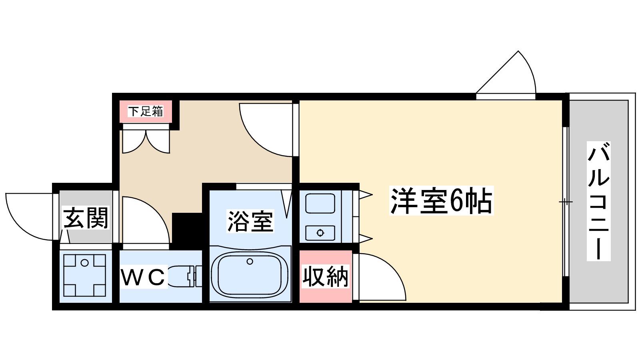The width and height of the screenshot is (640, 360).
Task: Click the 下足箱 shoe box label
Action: (x=146, y=111)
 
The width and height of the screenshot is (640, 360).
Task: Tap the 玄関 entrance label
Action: (x=86, y=218)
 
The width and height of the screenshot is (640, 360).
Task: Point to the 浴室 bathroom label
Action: (x=250, y=221)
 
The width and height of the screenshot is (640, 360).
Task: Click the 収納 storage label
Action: (x=326, y=276)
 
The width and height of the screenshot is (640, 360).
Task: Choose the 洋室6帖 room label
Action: (x=442, y=200)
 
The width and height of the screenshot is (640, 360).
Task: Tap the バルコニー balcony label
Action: (x=598, y=201)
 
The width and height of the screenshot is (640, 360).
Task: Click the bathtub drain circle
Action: (x=250, y=261)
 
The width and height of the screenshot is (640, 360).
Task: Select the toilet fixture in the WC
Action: (x=184, y=276)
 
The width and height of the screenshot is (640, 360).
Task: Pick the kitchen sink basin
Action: (x=320, y=203)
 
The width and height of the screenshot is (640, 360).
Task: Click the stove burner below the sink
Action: (x=320, y=233)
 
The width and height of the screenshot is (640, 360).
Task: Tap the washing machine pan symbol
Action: (x=84, y=276)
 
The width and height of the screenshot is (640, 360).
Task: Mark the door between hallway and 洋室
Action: (x=266, y=130)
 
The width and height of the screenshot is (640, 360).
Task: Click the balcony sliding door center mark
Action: (x=566, y=202)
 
